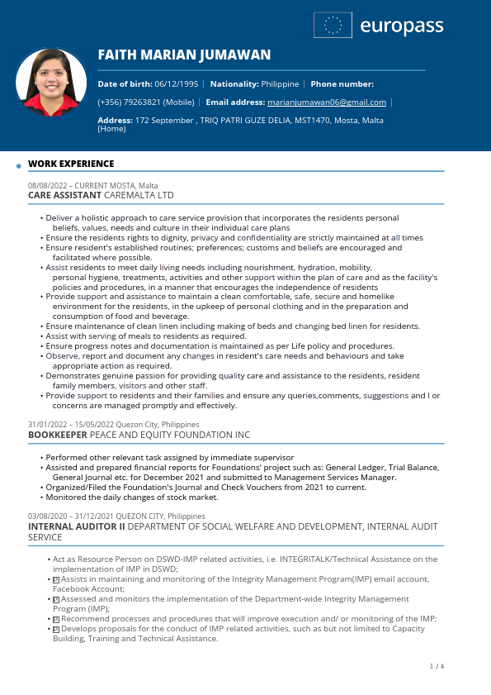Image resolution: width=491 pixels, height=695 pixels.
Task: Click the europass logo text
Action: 402,26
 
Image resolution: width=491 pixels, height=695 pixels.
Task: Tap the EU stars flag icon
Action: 333,26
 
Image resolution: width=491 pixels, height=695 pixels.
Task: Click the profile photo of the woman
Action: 51,84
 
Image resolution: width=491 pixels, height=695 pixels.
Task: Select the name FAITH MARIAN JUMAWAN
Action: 184,55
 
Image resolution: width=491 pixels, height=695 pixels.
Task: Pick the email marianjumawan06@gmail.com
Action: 327,102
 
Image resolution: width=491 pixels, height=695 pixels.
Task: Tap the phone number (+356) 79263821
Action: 130,102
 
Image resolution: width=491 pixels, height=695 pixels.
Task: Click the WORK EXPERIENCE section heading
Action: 71,164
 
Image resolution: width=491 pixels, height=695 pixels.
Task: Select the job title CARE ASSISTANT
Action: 64,196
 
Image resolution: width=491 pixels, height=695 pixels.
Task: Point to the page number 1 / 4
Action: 437,666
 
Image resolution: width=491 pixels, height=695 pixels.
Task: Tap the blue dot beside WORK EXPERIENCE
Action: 19,166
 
